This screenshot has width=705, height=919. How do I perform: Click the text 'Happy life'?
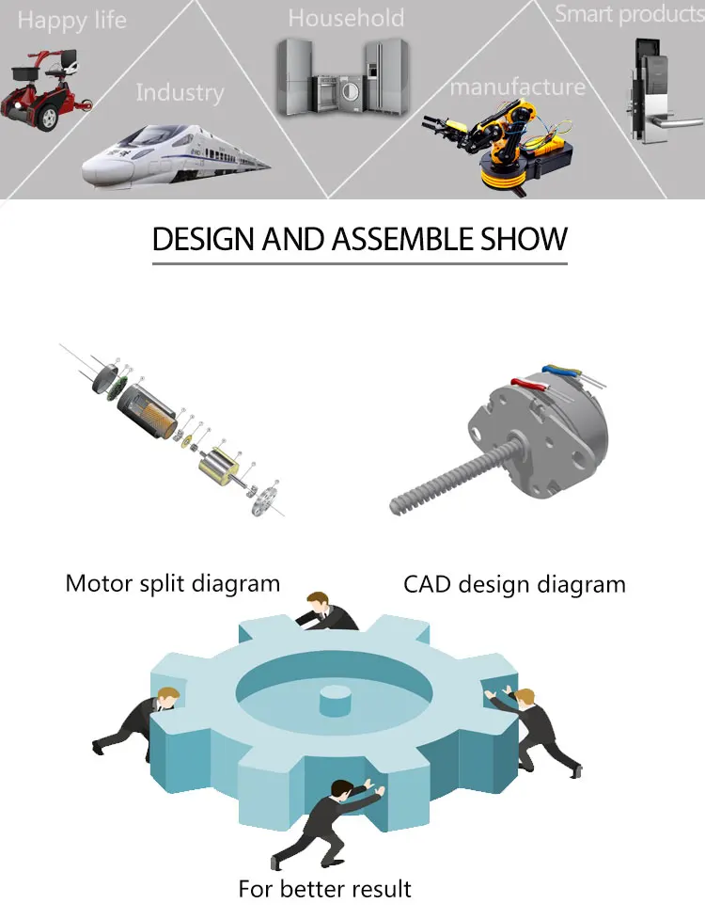coord(71,21)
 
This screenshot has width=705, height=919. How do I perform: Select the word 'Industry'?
coord(180,92)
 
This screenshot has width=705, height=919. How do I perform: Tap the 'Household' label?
coord(346,18)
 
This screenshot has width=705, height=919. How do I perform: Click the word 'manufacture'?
coord(517,87)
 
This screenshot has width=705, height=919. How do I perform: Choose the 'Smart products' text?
coord(629,14)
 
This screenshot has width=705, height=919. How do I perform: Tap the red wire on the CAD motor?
coord(527,382)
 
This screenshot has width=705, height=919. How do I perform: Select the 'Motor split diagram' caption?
coord(172,583)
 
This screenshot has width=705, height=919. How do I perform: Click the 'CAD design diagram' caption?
coord(514,584)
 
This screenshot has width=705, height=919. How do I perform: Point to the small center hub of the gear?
coord(335,701)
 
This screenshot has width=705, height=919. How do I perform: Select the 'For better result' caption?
coord(324,888)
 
